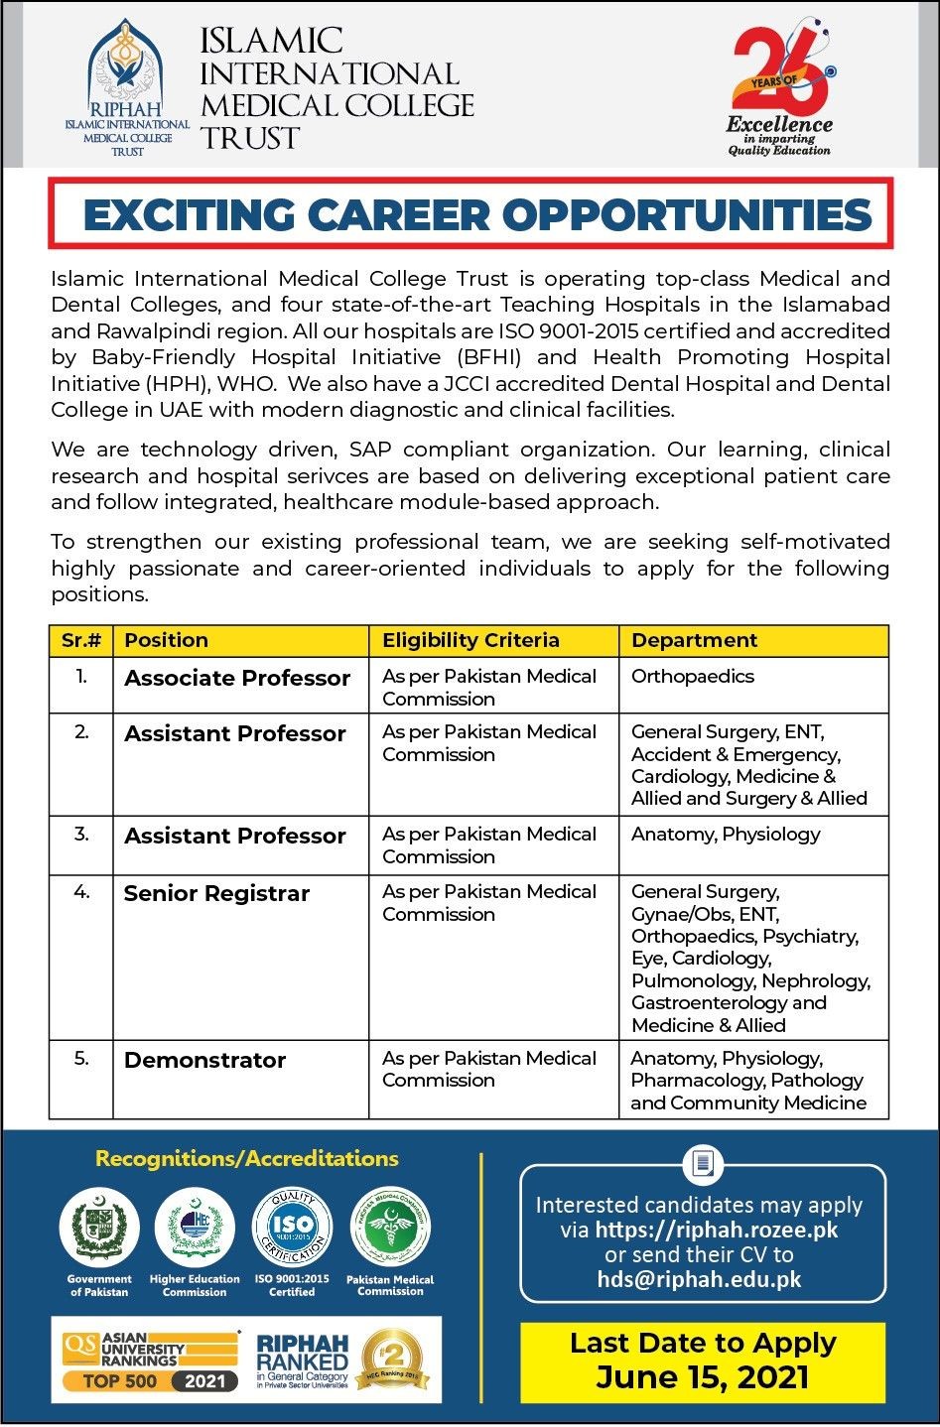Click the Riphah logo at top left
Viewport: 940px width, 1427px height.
click(127, 87)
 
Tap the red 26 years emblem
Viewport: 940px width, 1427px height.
click(780, 71)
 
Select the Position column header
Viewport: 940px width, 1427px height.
click(167, 640)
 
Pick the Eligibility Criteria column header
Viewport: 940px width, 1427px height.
click(470, 640)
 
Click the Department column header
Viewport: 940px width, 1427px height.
click(694, 640)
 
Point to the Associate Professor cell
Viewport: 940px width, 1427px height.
click(237, 679)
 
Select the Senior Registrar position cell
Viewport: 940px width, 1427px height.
click(216, 893)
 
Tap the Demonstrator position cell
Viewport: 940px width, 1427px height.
click(204, 1060)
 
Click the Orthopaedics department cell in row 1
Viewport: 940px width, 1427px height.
click(693, 677)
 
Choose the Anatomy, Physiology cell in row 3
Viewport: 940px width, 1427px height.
click(726, 834)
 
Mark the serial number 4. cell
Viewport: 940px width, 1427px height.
click(81, 892)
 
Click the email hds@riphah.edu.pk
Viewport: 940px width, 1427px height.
click(700, 1279)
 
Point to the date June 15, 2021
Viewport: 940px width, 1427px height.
click(703, 1377)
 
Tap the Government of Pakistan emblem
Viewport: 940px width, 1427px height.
click(99, 1228)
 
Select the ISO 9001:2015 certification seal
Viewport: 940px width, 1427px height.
click(292, 1228)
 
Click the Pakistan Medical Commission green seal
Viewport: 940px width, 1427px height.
click(390, 1228)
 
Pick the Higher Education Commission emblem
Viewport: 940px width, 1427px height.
click(195, 1228)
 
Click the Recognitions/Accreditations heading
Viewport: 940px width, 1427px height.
click(247, 1158)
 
